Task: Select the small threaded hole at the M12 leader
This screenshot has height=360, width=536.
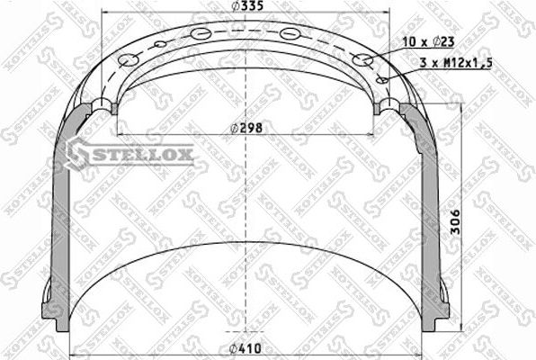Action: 382,79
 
